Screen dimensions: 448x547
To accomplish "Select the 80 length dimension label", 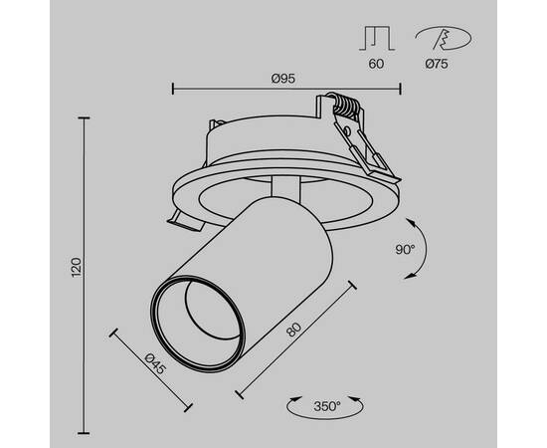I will pos(292,330).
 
